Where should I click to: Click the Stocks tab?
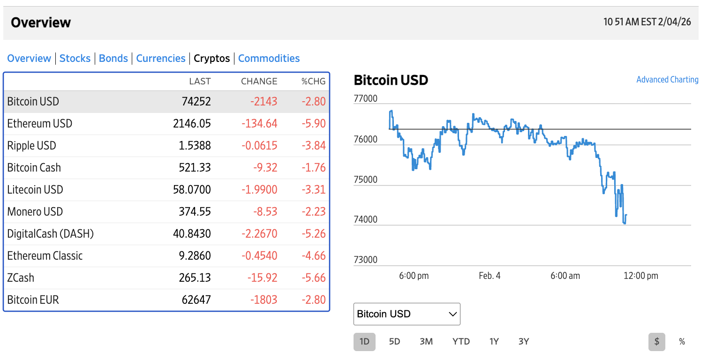coord(75,59)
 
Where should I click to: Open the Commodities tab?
coord(269,59)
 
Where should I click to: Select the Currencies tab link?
coord(161,59)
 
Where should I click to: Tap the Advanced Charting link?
coord(667,80)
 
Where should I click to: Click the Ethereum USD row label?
coord(40,124)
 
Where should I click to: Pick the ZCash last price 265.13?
coord(195,278)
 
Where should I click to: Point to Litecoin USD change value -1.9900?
coord(259,190)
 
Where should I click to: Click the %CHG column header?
coord(313,82)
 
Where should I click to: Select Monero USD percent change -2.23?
coord(313,212)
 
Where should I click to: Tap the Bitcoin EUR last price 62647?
coord(196,300)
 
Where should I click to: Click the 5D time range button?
coord(394,342)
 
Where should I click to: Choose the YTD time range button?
coord(461,342)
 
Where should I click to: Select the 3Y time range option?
coord(524,342)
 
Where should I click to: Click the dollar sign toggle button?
coord(657,342)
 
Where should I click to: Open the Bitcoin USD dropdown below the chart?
coord(407,314)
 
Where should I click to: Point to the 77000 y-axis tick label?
coord(365,99)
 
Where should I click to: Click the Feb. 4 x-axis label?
coord(490,276)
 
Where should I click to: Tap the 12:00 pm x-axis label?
coord(640,276)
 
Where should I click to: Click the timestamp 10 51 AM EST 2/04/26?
coord(647,22)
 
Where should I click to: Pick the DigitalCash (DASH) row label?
coord(51,234)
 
